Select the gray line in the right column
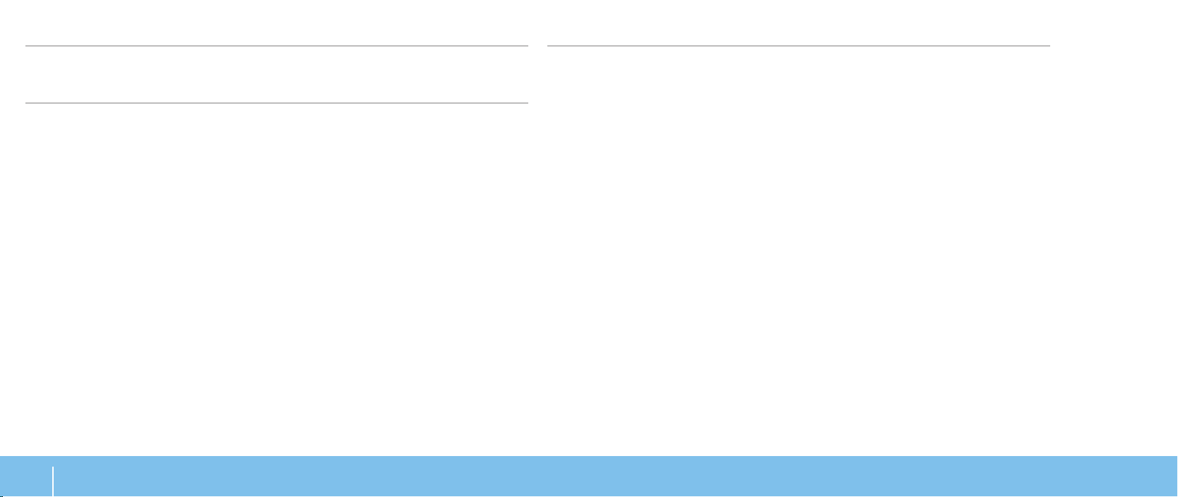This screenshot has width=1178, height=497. click(x=799, y=46)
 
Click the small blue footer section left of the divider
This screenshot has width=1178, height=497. click(x=26, y=477)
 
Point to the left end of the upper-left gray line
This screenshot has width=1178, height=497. click(x=26, y=46)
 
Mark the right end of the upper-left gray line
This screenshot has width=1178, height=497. click(x=528, y=46)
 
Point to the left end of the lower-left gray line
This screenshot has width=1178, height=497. click(x=26, y=103)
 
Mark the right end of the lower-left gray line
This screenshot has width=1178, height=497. click(x=528, y=103)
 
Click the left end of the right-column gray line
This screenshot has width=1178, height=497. click(x=549, y=46)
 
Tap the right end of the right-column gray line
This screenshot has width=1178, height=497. click(x=1049, y=46)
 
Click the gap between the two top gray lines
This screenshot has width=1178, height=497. click(x=538, y=46)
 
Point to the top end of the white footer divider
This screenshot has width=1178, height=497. click(x=53, y=466)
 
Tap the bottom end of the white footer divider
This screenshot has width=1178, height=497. click(x=53, y=496)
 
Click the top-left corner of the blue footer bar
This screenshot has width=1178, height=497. click(x=1, y=457)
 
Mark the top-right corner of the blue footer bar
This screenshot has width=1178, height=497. click(x=1177, y=457)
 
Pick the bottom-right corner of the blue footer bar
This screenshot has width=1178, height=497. click(x=1177, y=496)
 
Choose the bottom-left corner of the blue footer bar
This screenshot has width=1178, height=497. click(x=1, y=496)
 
